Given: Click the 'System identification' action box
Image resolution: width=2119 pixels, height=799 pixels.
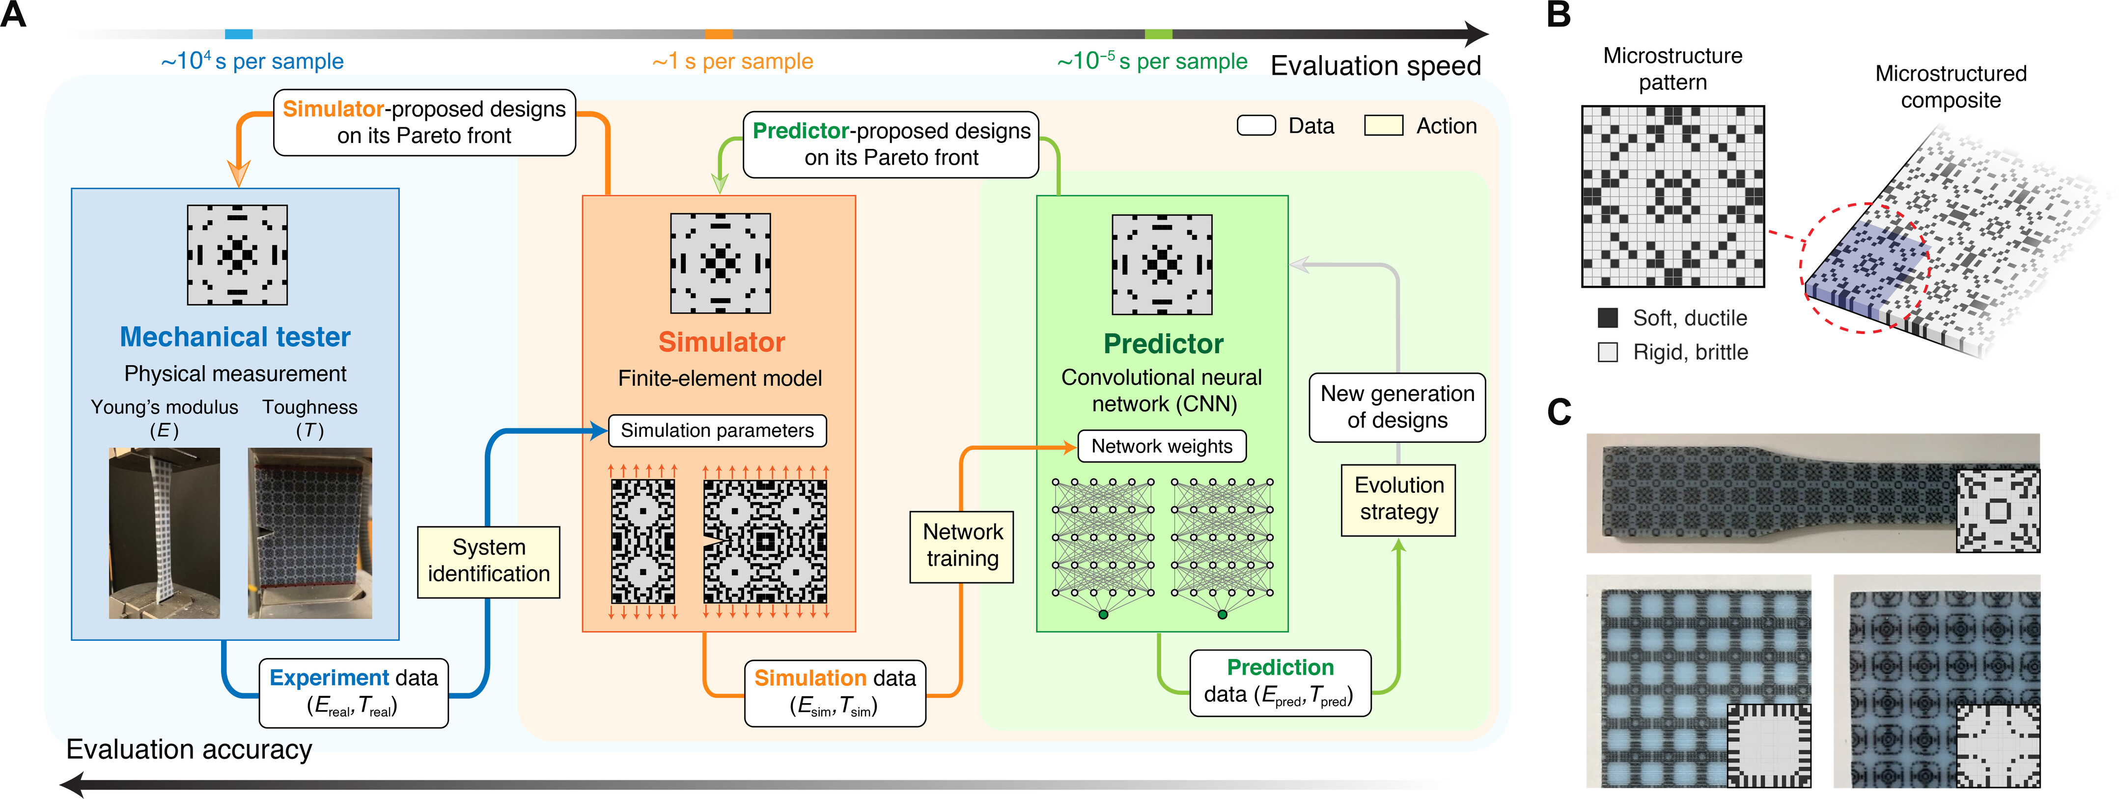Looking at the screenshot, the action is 489,561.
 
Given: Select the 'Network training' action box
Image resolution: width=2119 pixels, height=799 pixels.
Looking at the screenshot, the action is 962,546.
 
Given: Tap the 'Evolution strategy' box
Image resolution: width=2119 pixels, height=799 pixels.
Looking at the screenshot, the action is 1398,499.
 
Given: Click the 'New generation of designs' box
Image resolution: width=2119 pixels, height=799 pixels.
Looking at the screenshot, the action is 1397,407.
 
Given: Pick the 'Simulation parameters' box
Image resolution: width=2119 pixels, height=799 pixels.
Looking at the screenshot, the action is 717,430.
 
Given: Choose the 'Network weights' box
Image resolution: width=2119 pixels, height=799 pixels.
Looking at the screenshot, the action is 1162,446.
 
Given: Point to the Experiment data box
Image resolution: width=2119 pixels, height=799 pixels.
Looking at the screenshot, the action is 354,692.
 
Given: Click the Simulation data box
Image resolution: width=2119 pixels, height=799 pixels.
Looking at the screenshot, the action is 835,692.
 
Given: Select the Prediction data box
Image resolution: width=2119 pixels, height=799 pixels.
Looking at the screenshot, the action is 1280,682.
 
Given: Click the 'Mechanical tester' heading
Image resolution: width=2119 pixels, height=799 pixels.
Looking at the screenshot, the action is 235,337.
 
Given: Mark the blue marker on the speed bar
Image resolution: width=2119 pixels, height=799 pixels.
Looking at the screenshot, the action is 239,34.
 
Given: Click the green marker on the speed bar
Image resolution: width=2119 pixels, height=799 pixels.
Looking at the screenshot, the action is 1158,34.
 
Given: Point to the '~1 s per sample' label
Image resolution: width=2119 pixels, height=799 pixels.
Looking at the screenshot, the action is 732,61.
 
